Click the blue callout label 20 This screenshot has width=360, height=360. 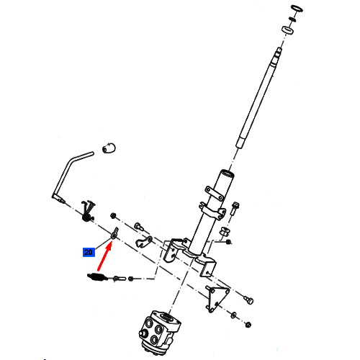click(x=89, y=252)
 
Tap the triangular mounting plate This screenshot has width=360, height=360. click(x=217, y=298)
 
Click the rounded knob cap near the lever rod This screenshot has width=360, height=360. click(x=109, y=148)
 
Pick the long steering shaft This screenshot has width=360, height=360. click(x=258, y=99)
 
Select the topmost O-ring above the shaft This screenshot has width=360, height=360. click(x=297, y=9)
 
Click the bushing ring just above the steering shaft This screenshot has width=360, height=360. click(x=288, y=30)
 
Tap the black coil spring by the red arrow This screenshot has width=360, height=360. click(x=96, y=277)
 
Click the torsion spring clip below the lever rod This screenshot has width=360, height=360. click(x=88, y=211)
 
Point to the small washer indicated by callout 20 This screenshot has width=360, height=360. click(x=114, y=234)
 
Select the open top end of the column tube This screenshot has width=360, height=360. click(x=227, y=174)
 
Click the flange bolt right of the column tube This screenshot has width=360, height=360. click(x=235, y=208)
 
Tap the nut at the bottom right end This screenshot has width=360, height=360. click(x=248, y=325)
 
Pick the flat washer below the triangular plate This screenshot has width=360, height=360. click(x=233, y=315)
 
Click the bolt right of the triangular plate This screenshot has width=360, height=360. click(x=248, y=300)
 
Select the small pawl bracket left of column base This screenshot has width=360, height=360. click(x=144, y=242)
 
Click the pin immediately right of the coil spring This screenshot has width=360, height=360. click(x=119, y=279)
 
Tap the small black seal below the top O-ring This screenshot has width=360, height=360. click(x=292, y=19)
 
